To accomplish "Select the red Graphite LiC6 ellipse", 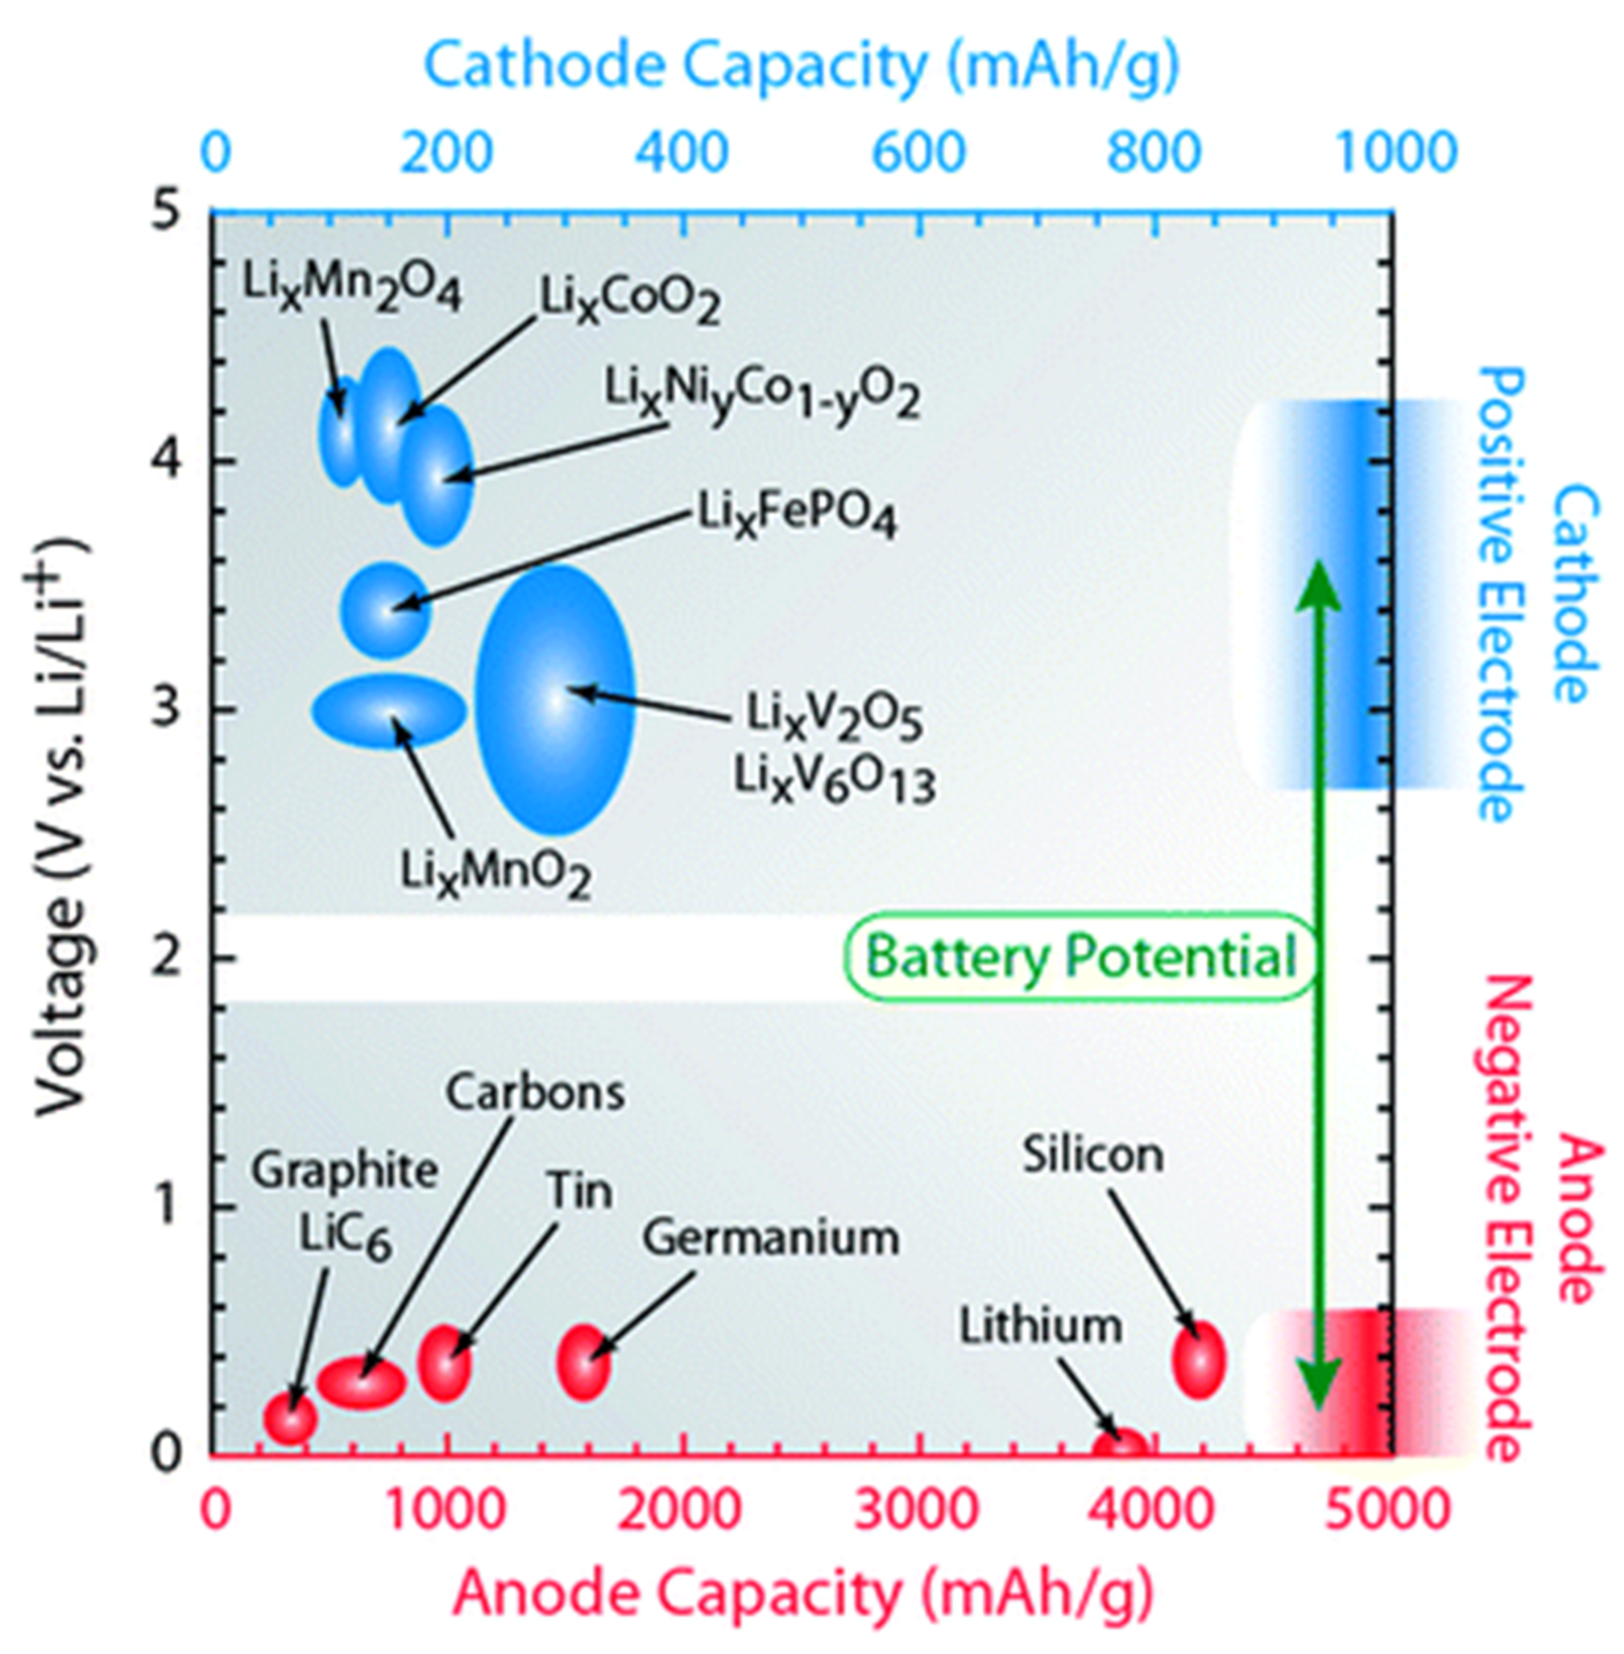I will (290, 1418).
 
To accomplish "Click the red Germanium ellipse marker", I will (584, 1362).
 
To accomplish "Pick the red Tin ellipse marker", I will (443, 1362).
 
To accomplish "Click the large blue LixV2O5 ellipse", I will (555, 700).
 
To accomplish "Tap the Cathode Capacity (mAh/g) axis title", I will (802, 67).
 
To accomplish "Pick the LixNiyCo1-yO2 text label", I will (761, 392).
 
